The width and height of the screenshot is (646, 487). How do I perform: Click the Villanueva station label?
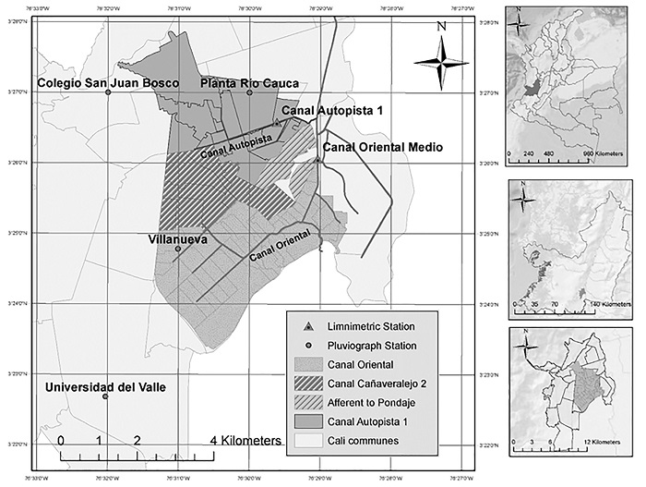click(177, 238)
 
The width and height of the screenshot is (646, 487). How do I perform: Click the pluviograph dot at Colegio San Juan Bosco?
click(108, 92)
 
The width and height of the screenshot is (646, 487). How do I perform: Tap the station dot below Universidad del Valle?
click(105, 396)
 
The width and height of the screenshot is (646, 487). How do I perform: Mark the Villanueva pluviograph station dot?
click(178, 248)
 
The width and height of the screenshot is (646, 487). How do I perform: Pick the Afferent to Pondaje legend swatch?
click(309, 403)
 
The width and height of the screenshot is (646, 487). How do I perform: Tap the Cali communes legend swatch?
click(309, 441)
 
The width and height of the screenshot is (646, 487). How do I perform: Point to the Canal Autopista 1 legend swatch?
click(309, 421)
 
